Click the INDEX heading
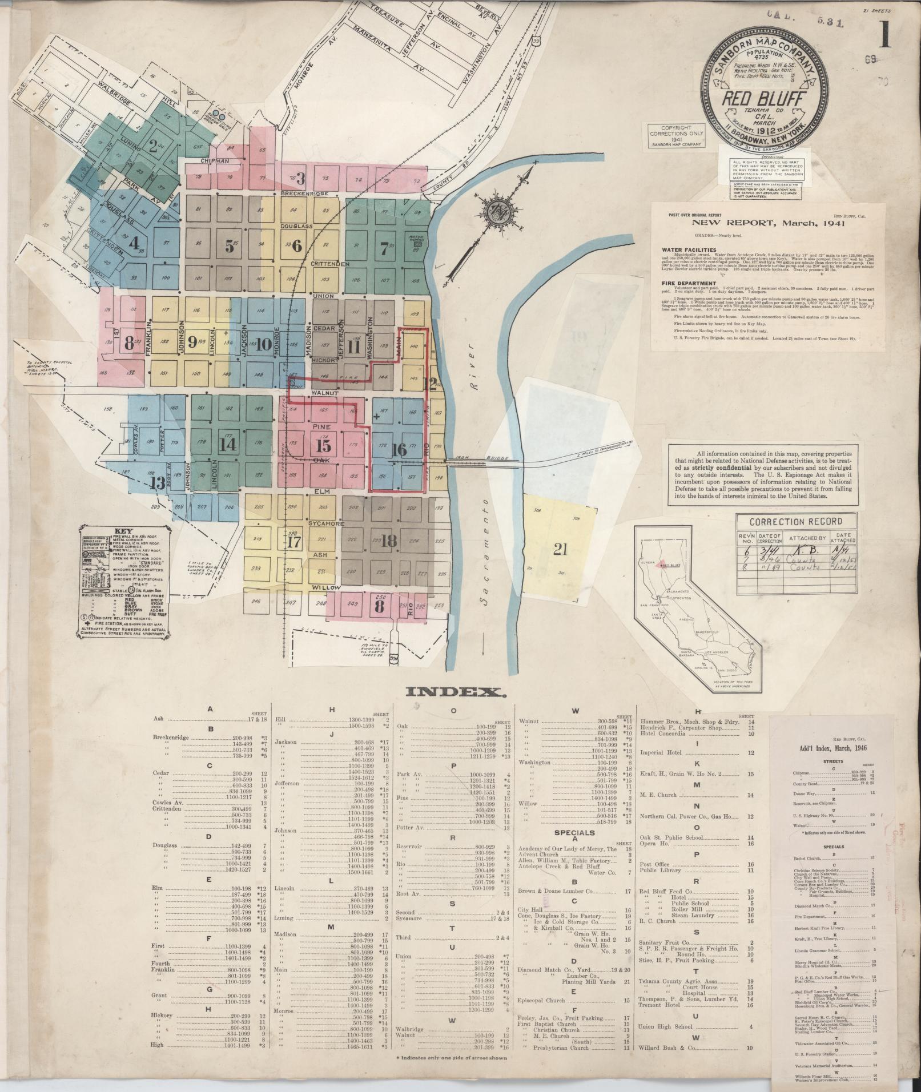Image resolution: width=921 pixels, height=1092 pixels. pos(456,692)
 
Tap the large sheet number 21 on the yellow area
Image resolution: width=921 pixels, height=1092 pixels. pos(560,549)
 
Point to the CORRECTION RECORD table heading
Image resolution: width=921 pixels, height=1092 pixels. pos(795,521)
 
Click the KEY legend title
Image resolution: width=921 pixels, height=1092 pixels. pos(123,530)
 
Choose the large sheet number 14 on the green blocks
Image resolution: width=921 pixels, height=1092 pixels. pos(228,444)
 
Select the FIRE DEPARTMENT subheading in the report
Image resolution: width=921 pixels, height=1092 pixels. pos(688,283)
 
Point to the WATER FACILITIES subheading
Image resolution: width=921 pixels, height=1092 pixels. pos(689,249)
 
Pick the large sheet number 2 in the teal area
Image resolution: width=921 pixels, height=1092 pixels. pos(152,146)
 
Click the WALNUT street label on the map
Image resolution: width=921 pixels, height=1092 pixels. pos(325,393)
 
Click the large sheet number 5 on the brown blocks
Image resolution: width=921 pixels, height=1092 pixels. pos(229,246)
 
